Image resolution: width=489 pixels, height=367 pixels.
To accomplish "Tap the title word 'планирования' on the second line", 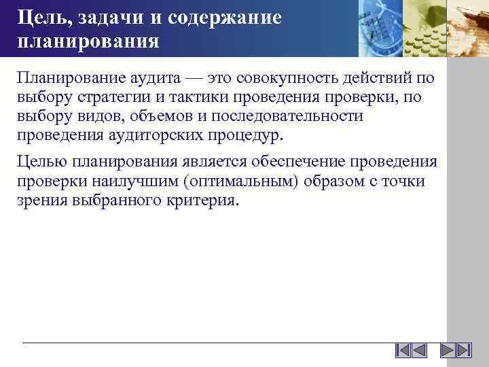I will pos(88,41).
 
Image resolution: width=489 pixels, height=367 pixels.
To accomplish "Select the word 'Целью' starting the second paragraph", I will pos(39,162).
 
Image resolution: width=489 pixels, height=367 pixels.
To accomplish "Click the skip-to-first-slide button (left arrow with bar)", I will pos(403,351).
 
